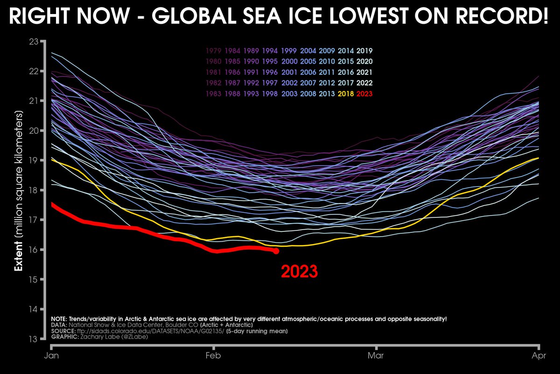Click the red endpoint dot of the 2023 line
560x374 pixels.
(276, 251)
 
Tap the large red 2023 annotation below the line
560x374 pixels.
(299, 272)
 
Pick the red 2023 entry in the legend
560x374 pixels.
(364, 93)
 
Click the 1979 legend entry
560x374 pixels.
(212, 50)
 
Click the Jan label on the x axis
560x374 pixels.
(51, 356)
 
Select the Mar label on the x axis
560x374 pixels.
(376, 356)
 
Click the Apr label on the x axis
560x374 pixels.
(539, 356)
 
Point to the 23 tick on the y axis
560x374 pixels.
(33, 42)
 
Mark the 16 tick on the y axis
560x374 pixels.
(33, 250)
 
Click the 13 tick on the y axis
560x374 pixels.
(33, 339)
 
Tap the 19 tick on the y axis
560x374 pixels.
(33, 160)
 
